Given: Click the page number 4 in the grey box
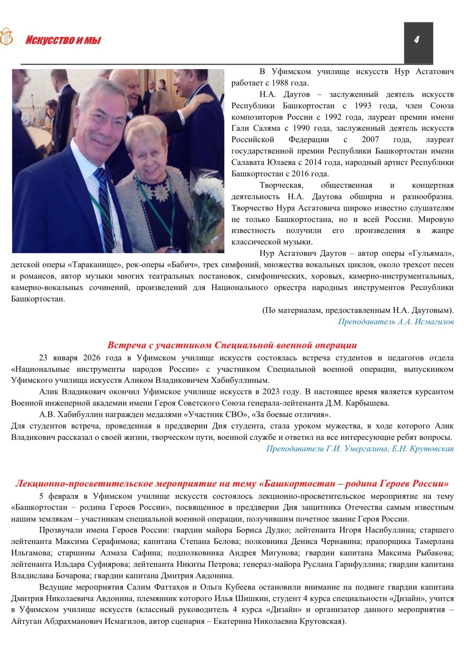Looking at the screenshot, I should [416, 40].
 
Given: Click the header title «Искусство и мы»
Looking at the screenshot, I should [63, 40].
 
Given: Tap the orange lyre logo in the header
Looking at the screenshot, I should [6, 37].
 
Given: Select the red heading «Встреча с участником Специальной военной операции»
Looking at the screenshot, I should [232, 345].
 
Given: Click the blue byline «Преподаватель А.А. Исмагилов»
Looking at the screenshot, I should [396, 322].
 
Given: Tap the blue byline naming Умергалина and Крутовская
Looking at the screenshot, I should [360, 449].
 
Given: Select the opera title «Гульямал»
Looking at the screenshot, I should [429, 253].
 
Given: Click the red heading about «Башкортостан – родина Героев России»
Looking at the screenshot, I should [232, 484].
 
